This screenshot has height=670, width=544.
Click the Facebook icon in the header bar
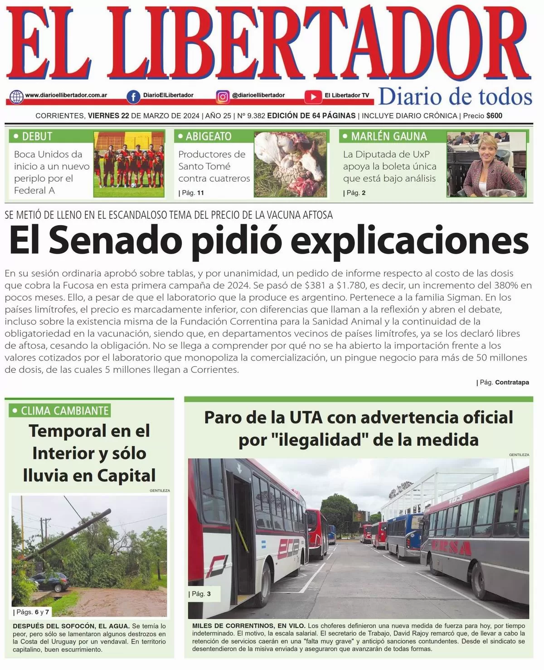pyautogui.click(x=133, y=96)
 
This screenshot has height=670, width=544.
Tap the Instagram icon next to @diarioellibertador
pyautogui.click(x=223, y=96)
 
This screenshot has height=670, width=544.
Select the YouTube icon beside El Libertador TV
pyautogui.click(x=313, y=96)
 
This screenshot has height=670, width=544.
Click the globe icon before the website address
pyautogui.click(x=16, y=96)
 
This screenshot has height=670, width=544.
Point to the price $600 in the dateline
pyautogui.click(x=494, y=116)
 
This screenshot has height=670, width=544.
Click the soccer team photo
pyautogui.click(x=129, y=164)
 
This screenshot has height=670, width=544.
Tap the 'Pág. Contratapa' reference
pyautogui.click(x=503, y=382)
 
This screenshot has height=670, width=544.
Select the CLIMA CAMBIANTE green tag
pyautogui.click(x=60, y=411)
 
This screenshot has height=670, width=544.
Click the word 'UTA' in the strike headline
pyautogui.click(x=306, y=417)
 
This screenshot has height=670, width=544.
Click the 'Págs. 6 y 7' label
pyautogui.click(x=32, y=612)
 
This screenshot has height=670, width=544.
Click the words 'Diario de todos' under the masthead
pyautogui.click(x=455, y=97)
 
